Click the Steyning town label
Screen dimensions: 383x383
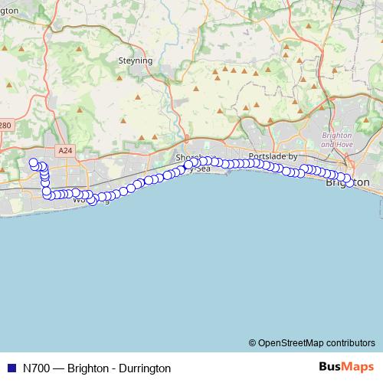pos(136,61)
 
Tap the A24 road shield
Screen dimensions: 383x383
pos(64,151)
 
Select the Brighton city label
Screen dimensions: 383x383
pos(347,183)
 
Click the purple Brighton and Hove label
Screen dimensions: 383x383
pos(337,140)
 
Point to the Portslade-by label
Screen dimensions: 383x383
pos(273,155)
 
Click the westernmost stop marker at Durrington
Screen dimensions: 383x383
pos(33,162)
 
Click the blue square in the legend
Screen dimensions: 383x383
pos(11,368)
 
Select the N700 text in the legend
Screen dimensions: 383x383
pos(38,368)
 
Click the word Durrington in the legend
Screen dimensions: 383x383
pos(145,368)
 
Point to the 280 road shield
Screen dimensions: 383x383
pos(6,126)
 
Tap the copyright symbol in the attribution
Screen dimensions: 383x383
pos(253,342)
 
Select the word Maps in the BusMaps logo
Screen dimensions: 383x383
pos(358,367)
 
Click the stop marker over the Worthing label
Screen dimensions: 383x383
pos(93,201)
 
